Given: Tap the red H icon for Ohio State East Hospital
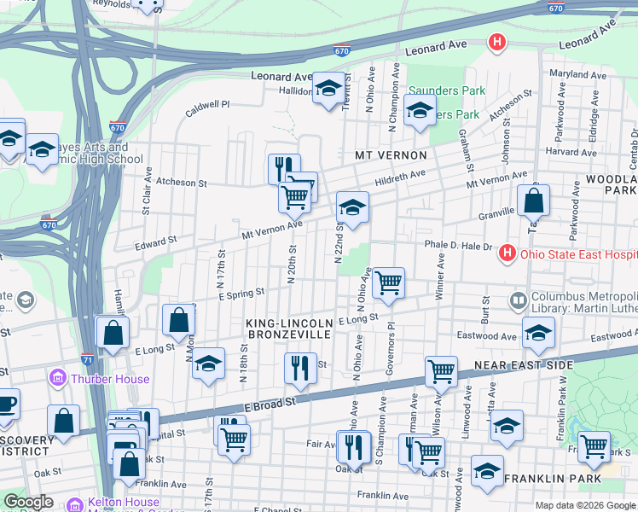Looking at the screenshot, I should pyautogui.click(x=507, y=253).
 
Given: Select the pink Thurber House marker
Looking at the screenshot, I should pyautogui.click(x=57, y=378).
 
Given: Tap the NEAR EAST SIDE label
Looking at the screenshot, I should pyautogui.click(x=531, y=365).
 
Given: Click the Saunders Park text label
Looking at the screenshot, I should pyautogui.click(x=446, y=90).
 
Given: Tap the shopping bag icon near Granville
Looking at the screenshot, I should pyautogui.click(x=533, y=201).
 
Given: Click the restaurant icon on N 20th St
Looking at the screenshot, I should pyautogui.click(x=284, y=167).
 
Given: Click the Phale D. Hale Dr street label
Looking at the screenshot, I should pyautogui.click(x=459, y=247).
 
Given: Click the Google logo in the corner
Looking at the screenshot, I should pyautogui.click(x=29, y=502).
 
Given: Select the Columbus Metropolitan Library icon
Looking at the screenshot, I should pyautogui.click(x=518, y=300).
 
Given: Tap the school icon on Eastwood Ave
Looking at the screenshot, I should pyautogui.click(x=538, y=334).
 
